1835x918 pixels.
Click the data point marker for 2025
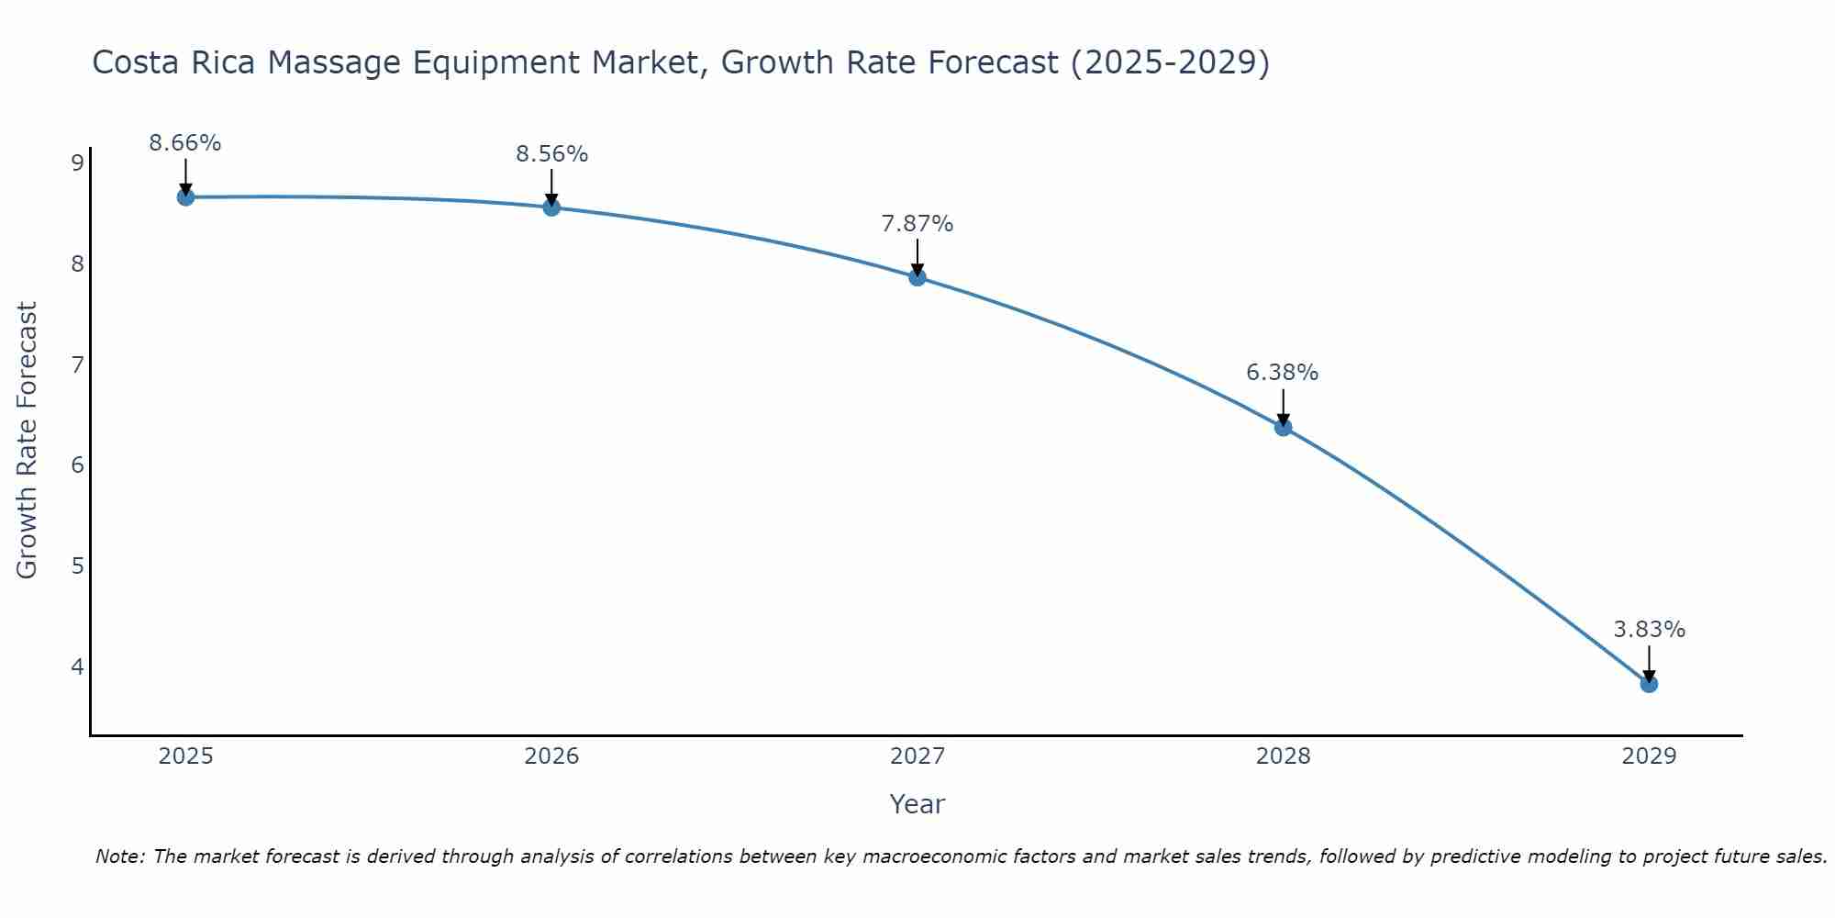[185, 196]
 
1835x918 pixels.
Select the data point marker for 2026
[551, 207]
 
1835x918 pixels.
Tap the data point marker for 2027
[917, 277]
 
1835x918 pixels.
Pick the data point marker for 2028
[1283, 427]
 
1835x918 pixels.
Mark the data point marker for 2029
[1649, 684]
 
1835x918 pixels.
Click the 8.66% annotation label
[185, 143]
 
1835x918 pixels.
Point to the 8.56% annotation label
[551, 154]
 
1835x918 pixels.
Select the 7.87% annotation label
[917, 224]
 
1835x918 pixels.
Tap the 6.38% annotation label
[1283, 373]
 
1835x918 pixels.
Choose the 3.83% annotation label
[1649, 630]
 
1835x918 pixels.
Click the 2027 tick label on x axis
[917, 756]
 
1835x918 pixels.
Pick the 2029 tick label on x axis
[1649, 756]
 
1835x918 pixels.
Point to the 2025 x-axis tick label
[185, 756]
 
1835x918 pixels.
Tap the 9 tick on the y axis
[77, 163]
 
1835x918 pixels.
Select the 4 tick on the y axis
[77, 666]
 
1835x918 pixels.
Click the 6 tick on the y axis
[77, 465]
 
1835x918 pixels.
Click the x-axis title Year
[917, 804]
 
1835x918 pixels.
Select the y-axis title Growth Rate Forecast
[28, 441]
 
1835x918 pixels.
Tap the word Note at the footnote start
[119, 856]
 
